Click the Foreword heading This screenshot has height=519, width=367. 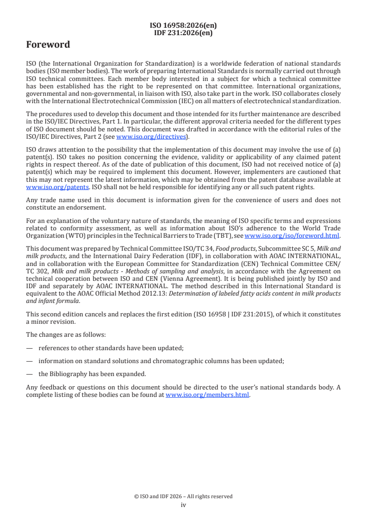point(48,45)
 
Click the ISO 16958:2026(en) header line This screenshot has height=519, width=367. point(183,26)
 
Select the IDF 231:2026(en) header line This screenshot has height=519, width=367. point(183,32)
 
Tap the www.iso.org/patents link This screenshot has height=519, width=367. point(45,187)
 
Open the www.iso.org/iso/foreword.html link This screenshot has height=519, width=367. point(292,235)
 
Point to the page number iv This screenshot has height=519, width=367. point(183,505)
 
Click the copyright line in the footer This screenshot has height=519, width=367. point(183,496)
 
